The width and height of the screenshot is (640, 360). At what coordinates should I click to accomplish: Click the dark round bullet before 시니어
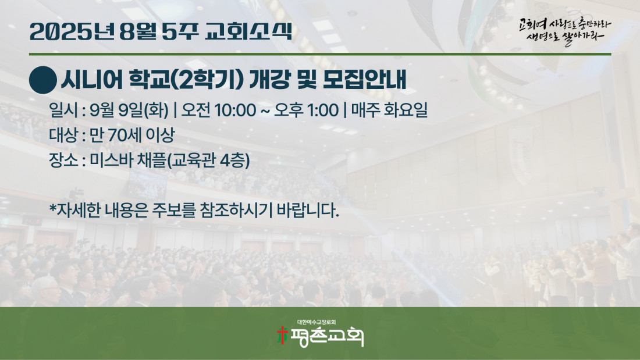coord(43,80)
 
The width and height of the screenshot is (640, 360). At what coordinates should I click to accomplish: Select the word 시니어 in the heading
coord(92,80)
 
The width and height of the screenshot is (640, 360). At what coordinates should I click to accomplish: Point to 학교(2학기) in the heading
coord(186,80)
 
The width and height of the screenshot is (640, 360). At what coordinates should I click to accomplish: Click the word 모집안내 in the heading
coord(364,80)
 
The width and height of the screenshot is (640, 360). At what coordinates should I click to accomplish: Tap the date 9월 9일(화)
coord(129,110)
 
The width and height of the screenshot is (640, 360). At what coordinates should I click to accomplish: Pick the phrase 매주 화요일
coord(389,110)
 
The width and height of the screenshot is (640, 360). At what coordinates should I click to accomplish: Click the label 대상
coord(63,135)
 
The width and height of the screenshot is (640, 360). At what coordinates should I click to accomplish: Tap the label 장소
coord(63,160)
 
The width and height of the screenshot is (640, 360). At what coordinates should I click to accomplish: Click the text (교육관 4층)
coord(208,161)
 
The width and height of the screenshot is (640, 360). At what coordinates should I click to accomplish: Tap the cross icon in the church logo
coord(282,335)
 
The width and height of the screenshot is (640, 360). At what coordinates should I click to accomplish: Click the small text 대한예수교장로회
coord(317,322)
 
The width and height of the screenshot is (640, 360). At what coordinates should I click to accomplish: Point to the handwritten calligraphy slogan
coord(565,31)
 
